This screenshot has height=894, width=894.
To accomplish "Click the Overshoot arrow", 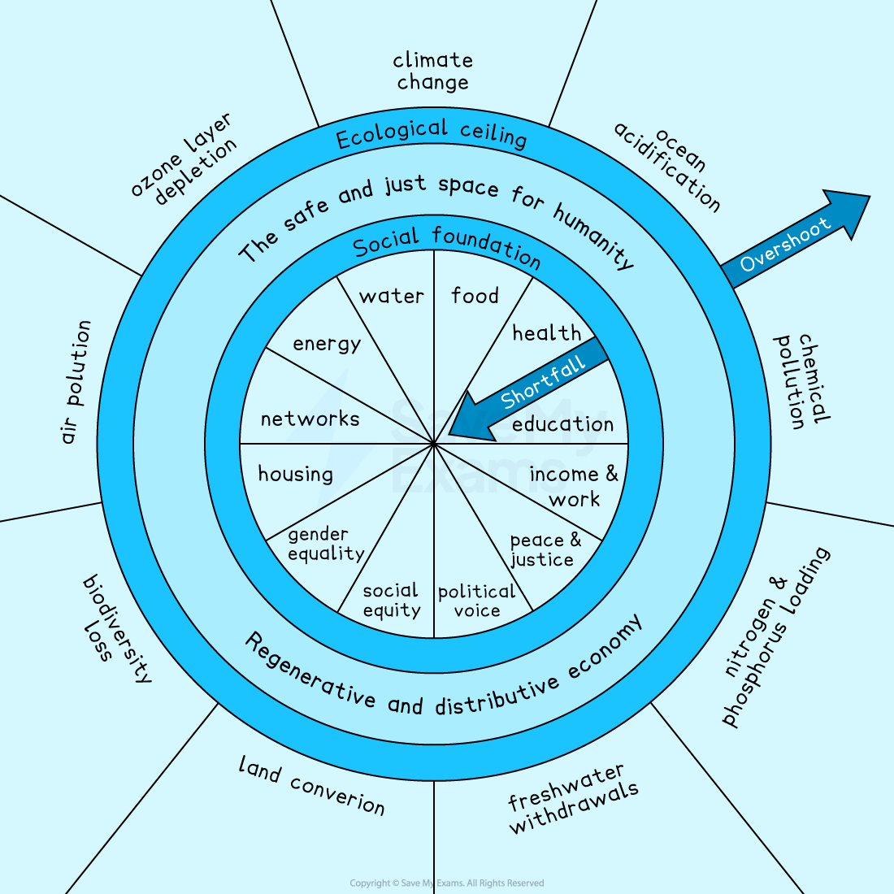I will click(792, 240).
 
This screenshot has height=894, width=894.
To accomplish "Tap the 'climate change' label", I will click(432, 72).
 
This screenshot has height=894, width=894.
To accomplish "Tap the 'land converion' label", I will click(311, 785).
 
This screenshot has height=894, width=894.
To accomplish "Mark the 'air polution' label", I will click(77, 382).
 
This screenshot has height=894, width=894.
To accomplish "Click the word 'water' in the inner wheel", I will click(392, 296).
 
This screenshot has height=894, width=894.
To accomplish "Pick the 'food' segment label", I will click(475, 296).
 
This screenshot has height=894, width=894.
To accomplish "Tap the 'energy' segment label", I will click(327, 344).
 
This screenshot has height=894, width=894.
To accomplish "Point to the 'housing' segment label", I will click(295, 474).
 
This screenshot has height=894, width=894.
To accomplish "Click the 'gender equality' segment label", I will click(325, 545).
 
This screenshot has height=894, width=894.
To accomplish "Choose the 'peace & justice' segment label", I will click(545, 550).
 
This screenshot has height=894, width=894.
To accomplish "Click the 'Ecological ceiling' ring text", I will click(432, 134).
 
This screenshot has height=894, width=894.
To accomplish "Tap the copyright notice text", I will click(446, 883).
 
